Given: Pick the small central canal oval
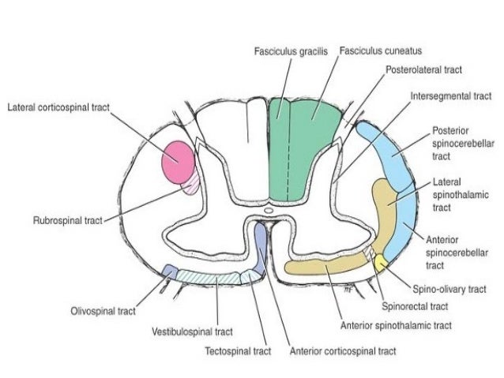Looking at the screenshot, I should (x=269, y=211).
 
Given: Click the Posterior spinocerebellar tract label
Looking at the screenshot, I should (x=452, y=144).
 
